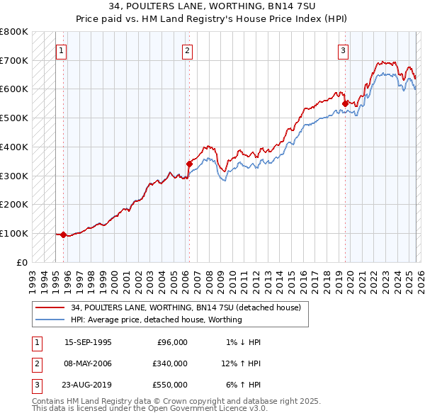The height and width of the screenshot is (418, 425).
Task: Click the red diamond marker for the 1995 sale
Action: point(64,235)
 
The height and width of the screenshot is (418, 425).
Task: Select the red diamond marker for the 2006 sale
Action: point(189,164)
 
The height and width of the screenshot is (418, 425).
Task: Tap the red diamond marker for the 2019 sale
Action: point(345,103)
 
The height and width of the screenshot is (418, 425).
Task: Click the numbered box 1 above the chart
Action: point(62,50)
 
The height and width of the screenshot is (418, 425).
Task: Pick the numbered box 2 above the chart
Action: point(187,50)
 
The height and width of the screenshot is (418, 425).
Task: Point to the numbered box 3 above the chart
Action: point(343,50)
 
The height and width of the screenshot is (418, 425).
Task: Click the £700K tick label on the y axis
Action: point(14,60)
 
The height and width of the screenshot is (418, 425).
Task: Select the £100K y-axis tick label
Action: point(14,233)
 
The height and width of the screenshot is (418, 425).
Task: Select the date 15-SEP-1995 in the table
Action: point(88,342)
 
